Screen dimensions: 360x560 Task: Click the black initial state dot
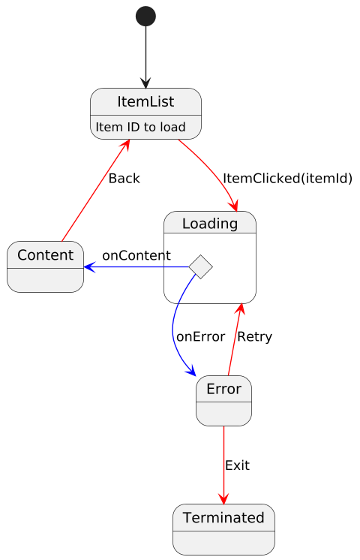point(145,17)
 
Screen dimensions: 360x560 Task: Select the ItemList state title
point(145,102)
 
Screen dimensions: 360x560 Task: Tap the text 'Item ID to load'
point(140,127)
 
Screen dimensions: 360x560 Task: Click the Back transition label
point(124,178)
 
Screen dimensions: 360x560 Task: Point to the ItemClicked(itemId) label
point(287,178)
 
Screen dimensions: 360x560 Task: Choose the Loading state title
point(210,224)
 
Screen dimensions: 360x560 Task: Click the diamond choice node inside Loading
point(200,266)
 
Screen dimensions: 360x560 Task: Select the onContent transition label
point(136,256)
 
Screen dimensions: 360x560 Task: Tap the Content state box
point(45,266)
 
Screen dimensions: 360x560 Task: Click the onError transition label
point(200,337)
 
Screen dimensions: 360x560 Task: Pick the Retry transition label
point(255,337)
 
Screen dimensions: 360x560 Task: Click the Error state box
point(223,401)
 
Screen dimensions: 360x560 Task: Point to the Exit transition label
point(237,465)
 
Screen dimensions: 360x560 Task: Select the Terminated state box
point(223,529)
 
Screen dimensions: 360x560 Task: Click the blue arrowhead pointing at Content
point(89,266)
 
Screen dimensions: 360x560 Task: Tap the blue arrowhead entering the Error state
point(191,371)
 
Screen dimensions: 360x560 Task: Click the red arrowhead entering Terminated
point(223,498)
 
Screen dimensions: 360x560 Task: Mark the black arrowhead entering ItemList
point(145,83)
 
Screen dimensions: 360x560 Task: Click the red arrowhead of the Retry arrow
point(241,309)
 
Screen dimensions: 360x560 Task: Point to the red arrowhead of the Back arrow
point(124,145)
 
